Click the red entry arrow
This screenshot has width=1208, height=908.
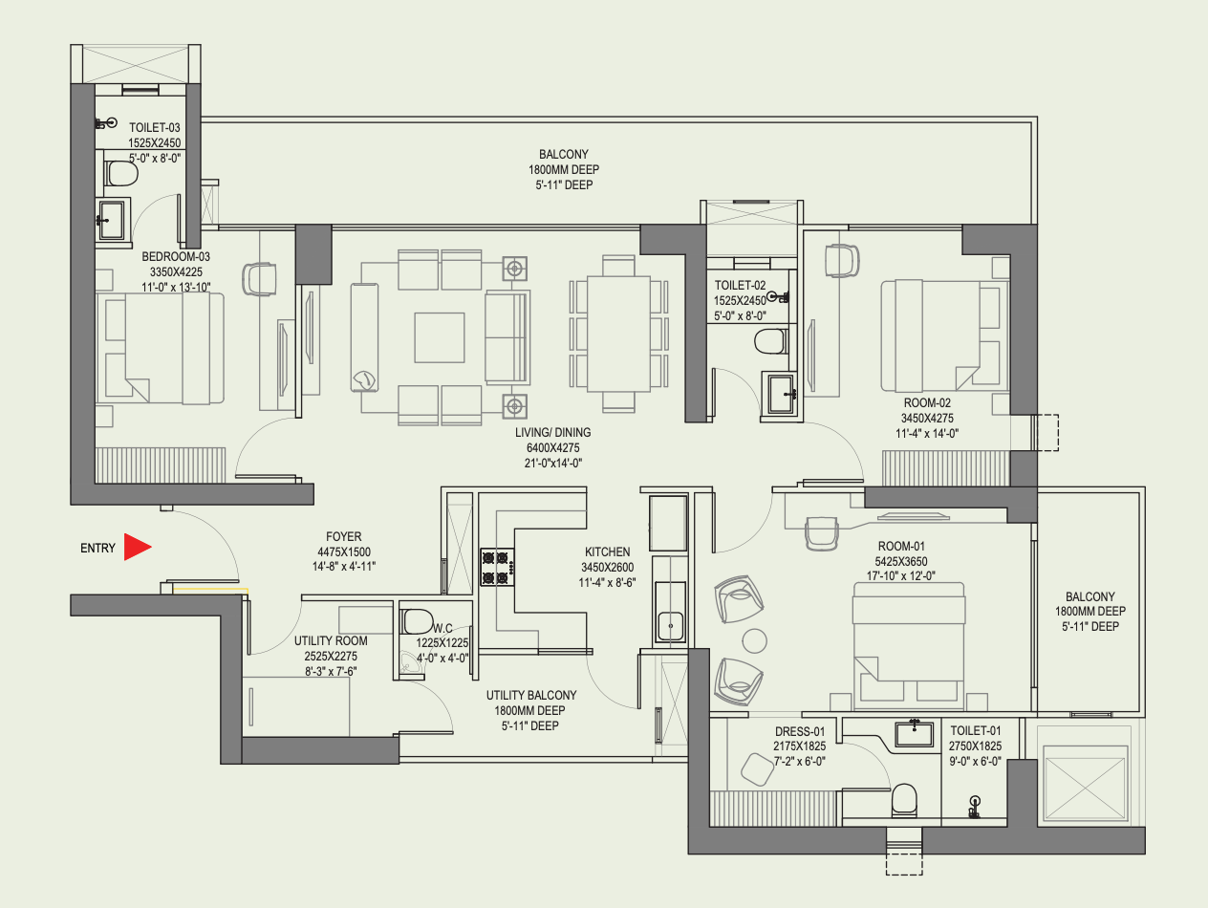[137, 547]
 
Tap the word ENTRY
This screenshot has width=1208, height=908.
[98, 548]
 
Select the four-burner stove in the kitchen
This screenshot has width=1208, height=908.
[498, 567]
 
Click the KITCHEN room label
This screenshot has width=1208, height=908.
[607, 551]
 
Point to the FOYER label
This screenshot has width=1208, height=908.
[344, 536]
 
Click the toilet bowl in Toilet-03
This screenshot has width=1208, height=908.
[120, 173]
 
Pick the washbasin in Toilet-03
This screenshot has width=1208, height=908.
[112, 220]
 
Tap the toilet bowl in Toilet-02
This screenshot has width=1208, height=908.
[770, 341]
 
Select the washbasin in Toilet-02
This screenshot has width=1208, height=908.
[780, 393]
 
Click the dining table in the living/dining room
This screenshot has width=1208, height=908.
[618, 334]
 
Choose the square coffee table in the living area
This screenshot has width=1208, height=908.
[440, 337]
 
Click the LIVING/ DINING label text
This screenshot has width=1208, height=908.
[553, 433]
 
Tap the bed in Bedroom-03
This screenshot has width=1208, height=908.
[161, 348]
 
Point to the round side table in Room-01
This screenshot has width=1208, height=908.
[754, 641]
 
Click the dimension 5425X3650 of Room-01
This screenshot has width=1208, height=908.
[901, 561]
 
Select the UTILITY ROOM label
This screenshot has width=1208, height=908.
[331, 640]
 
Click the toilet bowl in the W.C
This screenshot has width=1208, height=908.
[417, 621]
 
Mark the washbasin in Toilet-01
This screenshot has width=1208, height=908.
[914, 734]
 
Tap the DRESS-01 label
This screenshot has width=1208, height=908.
[800, 731]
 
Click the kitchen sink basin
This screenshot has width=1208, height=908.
[670, 626]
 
